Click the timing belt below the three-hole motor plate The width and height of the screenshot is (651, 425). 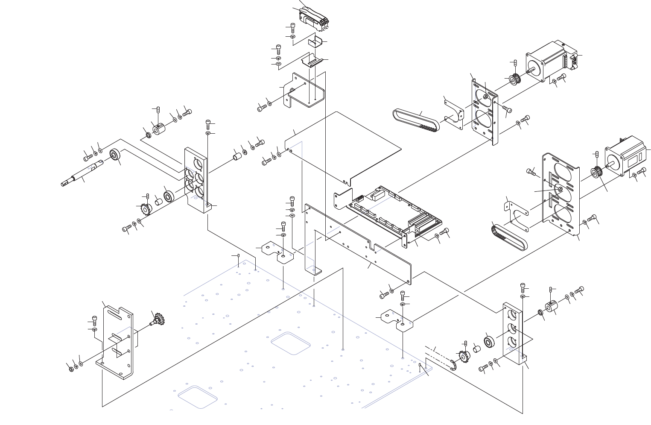pos(509,237)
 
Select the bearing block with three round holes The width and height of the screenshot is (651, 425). pos(513,333)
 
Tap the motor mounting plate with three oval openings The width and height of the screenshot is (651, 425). pos(561,194)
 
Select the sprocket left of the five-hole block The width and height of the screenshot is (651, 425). pos(146,209)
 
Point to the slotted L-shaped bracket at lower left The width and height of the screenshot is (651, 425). pos(117,342)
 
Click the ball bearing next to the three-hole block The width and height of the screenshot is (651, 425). pos(489,342)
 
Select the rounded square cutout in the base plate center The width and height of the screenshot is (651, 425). pos(290,343)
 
